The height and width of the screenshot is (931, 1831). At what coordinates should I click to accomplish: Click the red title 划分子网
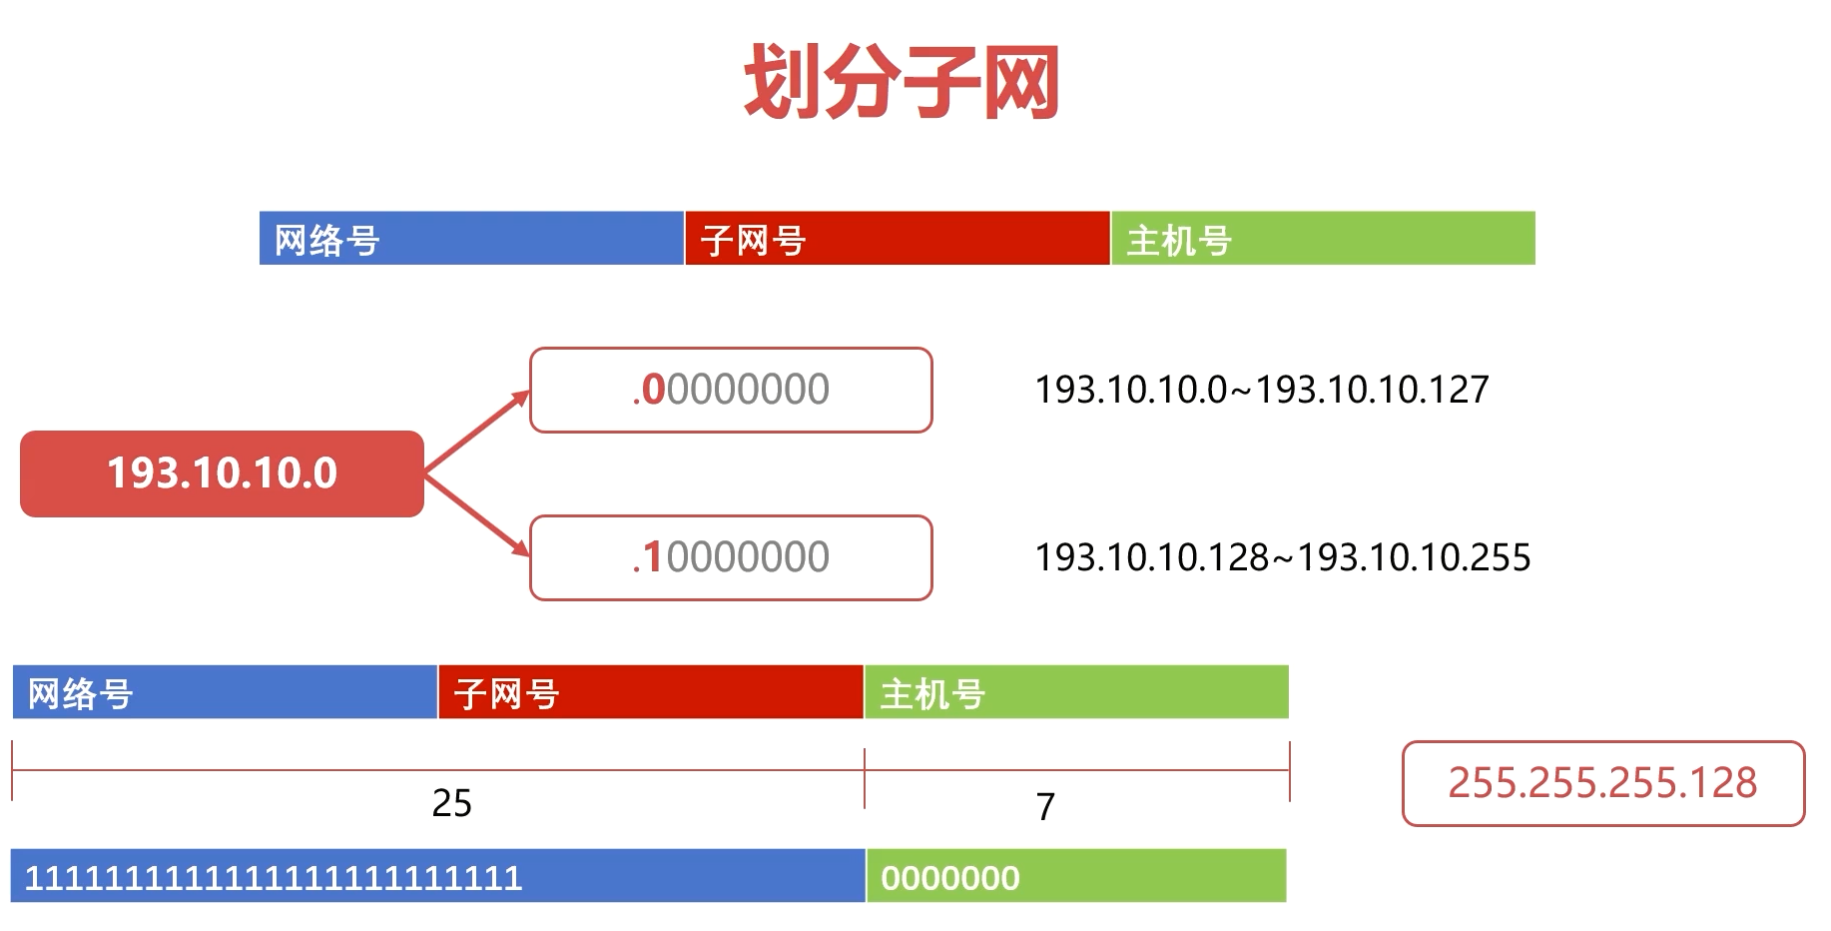(x=902, y=82)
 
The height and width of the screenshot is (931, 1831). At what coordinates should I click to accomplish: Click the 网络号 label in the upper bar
(x=327, y=241)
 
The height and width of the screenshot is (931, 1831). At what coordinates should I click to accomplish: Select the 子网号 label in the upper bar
(x=753, y=241)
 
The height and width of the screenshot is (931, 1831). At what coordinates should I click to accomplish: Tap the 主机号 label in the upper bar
(x=1179, y=241)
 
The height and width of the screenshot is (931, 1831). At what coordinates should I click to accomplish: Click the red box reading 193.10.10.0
(x=222, y=473)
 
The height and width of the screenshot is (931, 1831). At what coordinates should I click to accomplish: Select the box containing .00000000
(x=731, y=390)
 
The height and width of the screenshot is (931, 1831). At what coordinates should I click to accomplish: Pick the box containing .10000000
(x=731, y=557)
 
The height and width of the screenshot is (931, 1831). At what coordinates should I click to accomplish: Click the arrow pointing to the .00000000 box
(x=477, y=431)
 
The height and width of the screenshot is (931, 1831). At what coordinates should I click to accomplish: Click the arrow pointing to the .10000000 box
(x=477, y=514)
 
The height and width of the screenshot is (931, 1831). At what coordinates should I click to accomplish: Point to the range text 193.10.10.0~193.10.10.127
(x=1262, y=390)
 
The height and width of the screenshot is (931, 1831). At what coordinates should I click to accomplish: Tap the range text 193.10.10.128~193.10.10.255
(x=1283, y=557)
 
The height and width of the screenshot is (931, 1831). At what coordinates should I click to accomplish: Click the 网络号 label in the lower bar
(x=80, y=694)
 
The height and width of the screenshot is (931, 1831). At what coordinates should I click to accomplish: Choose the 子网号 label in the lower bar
(x=506, y=694)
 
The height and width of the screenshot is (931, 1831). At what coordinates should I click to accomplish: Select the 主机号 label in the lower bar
(x=932, y=694)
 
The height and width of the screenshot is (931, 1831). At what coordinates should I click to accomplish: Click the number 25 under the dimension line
(x=451, y=803)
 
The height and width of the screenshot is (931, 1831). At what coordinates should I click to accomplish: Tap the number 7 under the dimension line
(x=1045, y=806)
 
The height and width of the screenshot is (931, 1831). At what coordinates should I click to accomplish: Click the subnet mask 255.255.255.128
(x=1602, y=783)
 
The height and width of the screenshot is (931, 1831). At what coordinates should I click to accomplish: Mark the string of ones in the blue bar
(x=273, y=878)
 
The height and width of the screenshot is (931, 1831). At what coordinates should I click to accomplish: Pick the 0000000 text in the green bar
(x=950, y=878)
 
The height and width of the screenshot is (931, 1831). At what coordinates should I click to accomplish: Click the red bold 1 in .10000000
(x=652, y=557)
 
